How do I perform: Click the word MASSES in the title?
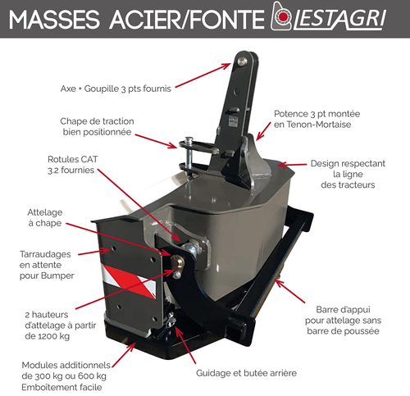pos(54,20)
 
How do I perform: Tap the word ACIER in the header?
pos(145,20)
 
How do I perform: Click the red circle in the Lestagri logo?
pos(285,17)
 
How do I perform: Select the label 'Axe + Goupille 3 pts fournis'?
pos(116,89)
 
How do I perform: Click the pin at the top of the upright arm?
pos(242,61)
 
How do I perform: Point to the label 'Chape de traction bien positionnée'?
pos(97,126)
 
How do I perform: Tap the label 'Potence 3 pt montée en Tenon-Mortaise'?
pos(317,119)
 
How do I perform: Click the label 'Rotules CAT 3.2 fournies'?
pos(72,165)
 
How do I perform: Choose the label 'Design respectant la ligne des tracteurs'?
pos(348,174)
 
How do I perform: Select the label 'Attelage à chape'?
pos(45,217)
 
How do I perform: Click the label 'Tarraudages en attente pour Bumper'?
pos(47,265)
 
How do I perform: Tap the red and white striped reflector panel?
pos(128,281)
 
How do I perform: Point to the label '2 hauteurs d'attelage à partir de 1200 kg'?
pos(61,325)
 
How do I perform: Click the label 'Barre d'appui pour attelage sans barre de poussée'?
pos(343,321)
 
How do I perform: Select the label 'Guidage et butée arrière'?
pos(246,373)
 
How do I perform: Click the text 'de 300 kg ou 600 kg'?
pos(64,376)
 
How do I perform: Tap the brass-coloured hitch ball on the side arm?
pos(177,262)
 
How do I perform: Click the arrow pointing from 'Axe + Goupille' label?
pos(203,75)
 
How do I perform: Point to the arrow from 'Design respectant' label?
pos(292,165)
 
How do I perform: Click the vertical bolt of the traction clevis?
pos(189,154)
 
